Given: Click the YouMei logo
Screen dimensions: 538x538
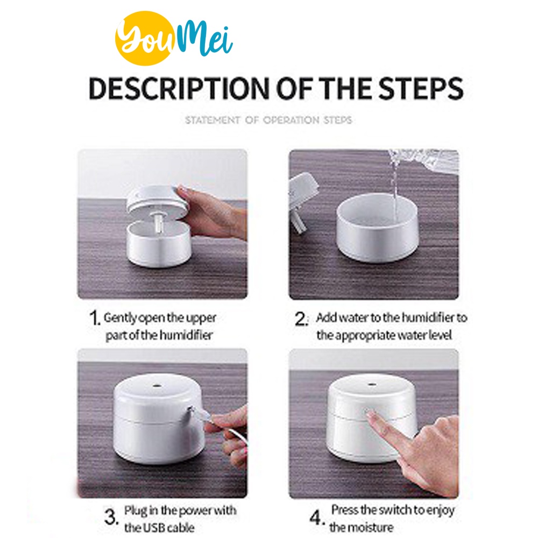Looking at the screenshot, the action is (174, 38).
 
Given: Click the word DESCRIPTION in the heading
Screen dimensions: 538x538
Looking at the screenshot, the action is (179, 89).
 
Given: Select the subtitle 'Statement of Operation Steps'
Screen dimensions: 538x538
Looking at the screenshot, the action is (268, 120).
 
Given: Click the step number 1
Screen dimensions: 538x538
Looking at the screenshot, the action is (94, 317).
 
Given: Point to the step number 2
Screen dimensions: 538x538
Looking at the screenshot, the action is (301, 319).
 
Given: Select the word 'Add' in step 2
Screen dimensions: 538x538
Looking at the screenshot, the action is (326, 317).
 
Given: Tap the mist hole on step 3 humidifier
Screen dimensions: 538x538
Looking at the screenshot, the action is (157, 386).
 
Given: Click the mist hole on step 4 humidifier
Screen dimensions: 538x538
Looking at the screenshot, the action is (371, 385).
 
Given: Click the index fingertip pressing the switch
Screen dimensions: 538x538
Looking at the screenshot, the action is (371, 415).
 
